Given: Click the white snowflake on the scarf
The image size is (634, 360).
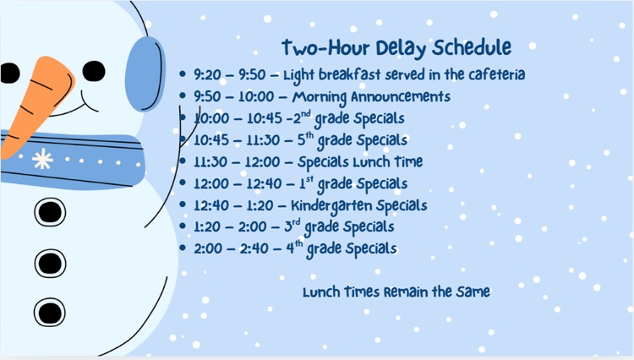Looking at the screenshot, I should [41, 159].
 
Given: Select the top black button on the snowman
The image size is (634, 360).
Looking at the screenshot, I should [50, 210].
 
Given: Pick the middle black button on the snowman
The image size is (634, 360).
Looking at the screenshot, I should [50, 261].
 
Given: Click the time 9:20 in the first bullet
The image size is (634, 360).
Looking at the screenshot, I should [208, 75].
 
